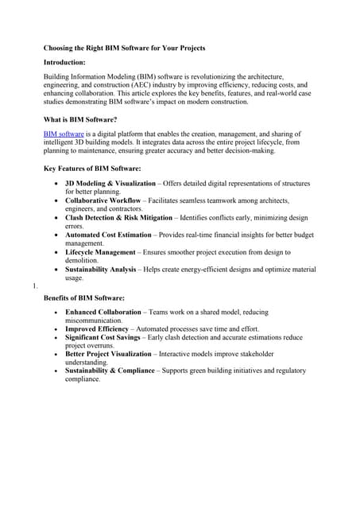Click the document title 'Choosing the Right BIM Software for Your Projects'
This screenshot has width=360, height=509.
(x=124, y=48)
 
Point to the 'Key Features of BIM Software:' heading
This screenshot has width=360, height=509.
(x=92, y=169)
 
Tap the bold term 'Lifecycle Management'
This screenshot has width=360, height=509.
(x=100, y=252)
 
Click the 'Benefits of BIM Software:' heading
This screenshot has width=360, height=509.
(x=84, y=297)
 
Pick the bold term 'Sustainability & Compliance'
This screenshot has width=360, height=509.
(x=110, y=371)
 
